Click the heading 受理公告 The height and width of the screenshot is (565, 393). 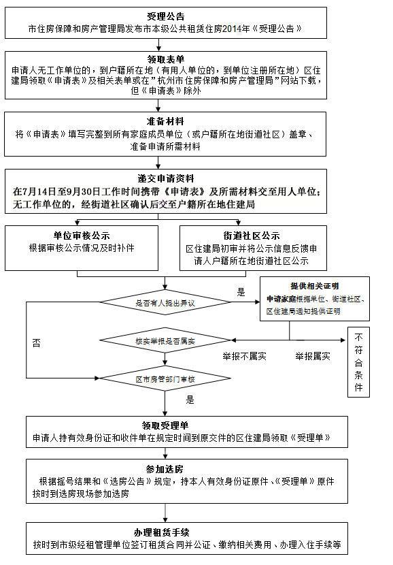(165, 16)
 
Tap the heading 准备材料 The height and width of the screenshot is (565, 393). (165, 120)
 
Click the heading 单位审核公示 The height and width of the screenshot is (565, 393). (82, 236)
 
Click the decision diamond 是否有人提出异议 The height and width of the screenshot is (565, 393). (165, 302)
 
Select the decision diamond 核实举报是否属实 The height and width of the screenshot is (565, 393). (165, 338)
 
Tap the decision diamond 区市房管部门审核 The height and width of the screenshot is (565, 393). (165, 378)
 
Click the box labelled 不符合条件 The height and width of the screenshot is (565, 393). (358, 362)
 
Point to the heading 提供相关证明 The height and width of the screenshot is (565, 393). (314, 286)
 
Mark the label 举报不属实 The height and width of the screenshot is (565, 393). (245, 356)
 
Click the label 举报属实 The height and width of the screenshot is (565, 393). (313, 356)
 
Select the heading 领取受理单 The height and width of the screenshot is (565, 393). (165, 425)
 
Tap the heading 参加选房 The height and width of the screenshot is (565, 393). (165, 469)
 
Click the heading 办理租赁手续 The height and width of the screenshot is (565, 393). (165, 532)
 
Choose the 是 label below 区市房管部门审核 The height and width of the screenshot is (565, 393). (190, 400)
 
